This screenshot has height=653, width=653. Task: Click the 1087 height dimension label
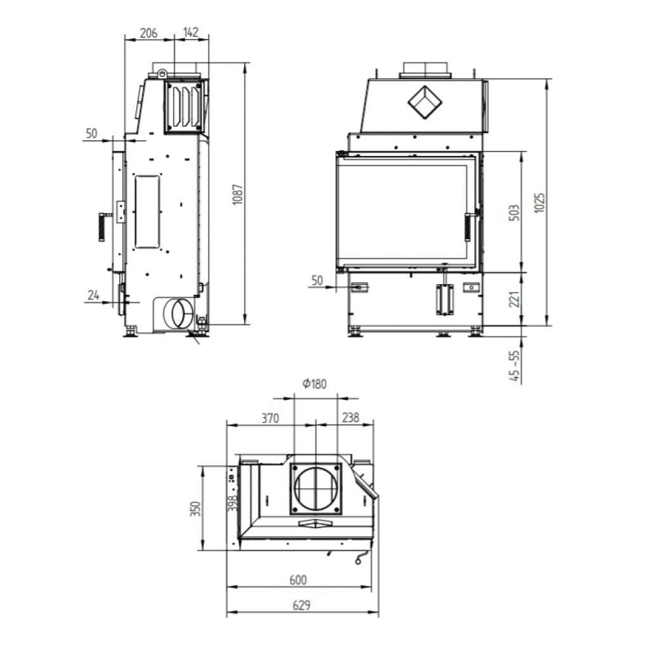click(x=236, y=198)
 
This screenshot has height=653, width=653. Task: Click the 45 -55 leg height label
click(x=515, y=366)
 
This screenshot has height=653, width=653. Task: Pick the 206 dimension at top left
click(x=148, y=33)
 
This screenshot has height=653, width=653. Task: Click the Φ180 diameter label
click(x=314, y=384)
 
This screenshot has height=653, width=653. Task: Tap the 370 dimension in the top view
click(x=269, y=418)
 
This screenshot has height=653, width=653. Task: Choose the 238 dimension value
click(x=349, y=418)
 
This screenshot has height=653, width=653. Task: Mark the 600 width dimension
click(x=298, y=579)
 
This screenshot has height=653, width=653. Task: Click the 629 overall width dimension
click(x=302, y=605)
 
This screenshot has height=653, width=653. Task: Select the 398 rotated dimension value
click(x=233, y=502)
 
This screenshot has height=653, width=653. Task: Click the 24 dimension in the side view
click(x=94, y=295)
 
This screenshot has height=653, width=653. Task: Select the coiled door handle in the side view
click(x=101, y=227)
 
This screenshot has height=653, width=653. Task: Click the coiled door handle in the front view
click(x=469, y=227)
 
